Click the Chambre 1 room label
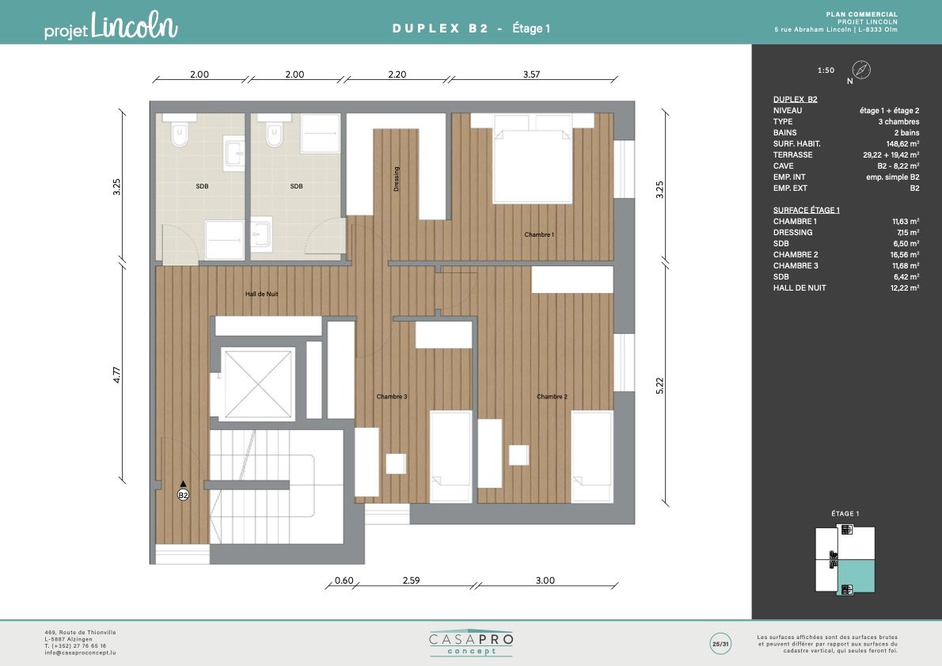[539, 234]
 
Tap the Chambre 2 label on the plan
[552, 397]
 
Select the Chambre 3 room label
[392, 397]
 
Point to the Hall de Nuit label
[261, 294]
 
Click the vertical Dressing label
[396, 179]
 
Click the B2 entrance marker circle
[183, 495]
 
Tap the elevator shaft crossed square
[258, 383]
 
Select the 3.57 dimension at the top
[531, 74]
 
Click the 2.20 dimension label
[397, 74]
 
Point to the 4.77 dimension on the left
[117, 375]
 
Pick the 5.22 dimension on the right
[659, 386]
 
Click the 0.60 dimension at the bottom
[344, 580]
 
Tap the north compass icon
[861, 70]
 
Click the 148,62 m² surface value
[902, 143]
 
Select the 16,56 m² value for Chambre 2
[904, 255]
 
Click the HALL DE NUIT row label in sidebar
[799, 288]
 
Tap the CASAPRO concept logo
[472, 643]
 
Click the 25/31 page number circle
[720, 644]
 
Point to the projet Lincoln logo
[111, 26]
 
